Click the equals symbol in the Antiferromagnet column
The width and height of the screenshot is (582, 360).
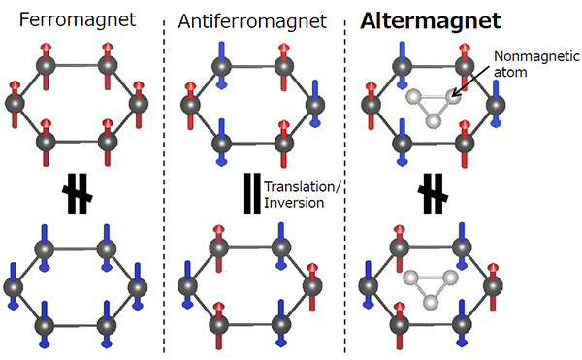point(252,191)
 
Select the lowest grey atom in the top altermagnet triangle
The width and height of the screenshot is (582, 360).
point(435,124)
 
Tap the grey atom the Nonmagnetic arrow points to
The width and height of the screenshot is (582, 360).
point(452,95)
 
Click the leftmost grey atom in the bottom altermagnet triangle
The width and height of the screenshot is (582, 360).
point(414,278)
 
